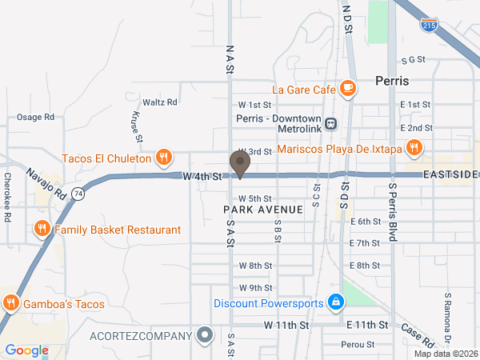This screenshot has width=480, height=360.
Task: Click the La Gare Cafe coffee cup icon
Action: (x=347, y=89)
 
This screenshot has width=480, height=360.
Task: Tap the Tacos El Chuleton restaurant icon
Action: (x=163, y=158)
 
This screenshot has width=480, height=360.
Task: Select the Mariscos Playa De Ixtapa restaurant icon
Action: (x=414, y=147)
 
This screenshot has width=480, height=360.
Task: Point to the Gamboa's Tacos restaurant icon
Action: (x=11, y=303)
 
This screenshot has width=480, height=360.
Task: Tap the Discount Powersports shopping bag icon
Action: (x=336, y=302)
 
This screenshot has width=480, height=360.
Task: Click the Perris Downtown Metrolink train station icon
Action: (x=330, y=124)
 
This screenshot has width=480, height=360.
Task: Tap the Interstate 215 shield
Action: (x=430, y=25)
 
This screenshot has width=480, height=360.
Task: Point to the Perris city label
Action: (x=392, y=82)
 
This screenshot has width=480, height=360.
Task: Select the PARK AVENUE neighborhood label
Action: (x=263, y=209)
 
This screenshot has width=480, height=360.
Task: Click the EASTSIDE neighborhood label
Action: (x=450, y=174)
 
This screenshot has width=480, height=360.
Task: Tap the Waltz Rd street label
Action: (x=160, y=102)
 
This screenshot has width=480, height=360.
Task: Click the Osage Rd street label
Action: (x=36, y=117)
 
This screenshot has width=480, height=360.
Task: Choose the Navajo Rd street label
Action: (x=43, y=185)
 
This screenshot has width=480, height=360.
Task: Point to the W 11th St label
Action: (x=286, y=325)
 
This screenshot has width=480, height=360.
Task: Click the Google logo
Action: (x=27, y=350)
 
